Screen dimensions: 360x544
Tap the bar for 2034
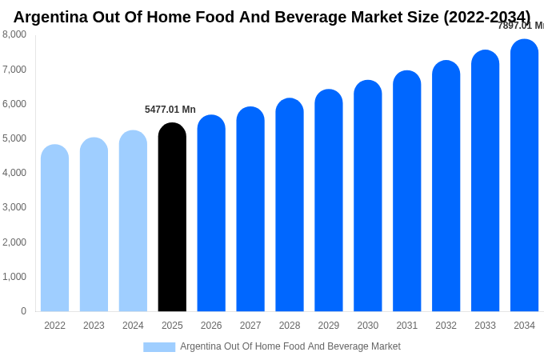(x=524, y=176)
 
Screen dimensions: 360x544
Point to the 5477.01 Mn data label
(x=170, y=110)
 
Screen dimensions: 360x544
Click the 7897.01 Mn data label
(x=520, y=26)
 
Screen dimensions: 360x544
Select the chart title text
(x=272, y=17)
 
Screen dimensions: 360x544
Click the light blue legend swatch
(x=159, y=347)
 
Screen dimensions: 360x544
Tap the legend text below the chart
(x=290, y=346)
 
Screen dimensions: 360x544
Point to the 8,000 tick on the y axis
(x=14, y=34)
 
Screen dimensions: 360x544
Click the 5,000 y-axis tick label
(x=14, y=138)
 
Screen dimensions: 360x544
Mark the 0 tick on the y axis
(x=23, y=311)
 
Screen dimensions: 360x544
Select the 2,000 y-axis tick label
(x=14, y=242)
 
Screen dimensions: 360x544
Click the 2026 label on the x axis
(x=211, y=326)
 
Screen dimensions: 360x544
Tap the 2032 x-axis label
(x=446, y=326)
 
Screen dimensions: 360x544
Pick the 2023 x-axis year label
(x=94, y=326)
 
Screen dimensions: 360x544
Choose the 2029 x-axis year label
(x=329, y=326)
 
